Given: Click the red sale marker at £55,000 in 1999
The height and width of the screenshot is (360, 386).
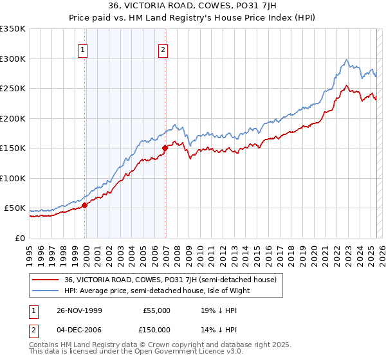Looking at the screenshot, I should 85,205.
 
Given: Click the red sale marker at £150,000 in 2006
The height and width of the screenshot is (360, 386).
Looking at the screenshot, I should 165,148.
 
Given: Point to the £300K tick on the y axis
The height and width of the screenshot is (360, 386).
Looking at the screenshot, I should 13,59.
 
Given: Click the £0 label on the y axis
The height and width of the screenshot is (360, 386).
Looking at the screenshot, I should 19,238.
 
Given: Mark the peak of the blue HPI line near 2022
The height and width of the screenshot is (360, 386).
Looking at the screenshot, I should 346,60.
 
